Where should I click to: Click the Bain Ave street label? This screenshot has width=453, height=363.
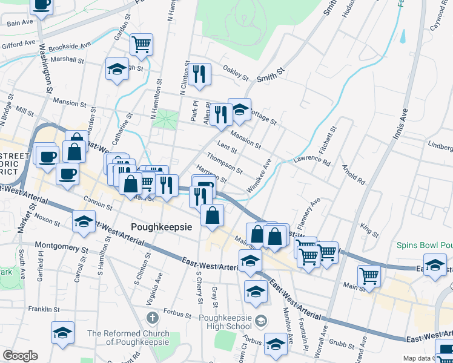tap(19, 23)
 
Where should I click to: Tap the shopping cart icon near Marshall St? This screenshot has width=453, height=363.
tap(141, 44)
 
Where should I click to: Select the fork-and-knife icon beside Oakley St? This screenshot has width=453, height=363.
tap(199, 74)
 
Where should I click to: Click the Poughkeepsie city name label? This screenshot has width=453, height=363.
tap(162, 227)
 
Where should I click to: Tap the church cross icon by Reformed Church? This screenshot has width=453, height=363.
tap(153, 318)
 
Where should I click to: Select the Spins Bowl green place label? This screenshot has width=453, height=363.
tap(425, 246)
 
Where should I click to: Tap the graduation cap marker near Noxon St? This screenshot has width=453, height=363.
tap(84, 221)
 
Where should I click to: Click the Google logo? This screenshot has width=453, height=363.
tap(20, 356)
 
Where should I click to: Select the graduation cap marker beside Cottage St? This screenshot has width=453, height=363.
tap(239, 110)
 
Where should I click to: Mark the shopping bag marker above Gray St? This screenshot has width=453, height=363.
tap(212, 215)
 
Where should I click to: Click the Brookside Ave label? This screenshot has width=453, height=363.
tap(71, 45)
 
